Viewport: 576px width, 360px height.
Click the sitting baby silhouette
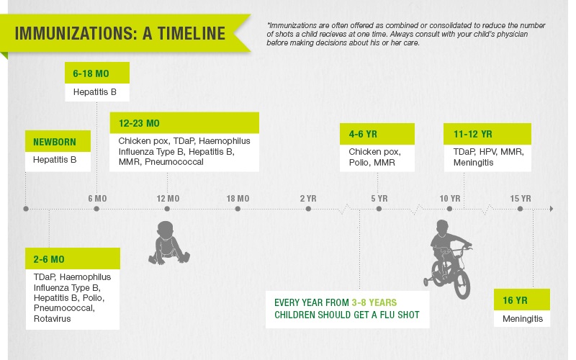click(168, 243)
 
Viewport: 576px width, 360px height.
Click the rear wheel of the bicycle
click(462, 283)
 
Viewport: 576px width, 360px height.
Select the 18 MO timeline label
click(238, 199)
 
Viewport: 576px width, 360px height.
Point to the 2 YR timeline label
click(308, 199)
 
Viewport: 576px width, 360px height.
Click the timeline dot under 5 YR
click(379, 209)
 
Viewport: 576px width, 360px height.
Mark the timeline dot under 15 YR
click(520, 209)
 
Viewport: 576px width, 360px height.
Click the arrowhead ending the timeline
click(552, 209)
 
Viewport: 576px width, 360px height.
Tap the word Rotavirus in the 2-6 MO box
click(52, 319)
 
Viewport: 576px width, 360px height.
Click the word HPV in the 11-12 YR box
click(488, 152)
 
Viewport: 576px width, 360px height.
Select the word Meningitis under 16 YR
click(523, 319)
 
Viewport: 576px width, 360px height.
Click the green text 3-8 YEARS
click(374, 302)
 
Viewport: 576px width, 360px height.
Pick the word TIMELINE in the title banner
click(192, 33)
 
